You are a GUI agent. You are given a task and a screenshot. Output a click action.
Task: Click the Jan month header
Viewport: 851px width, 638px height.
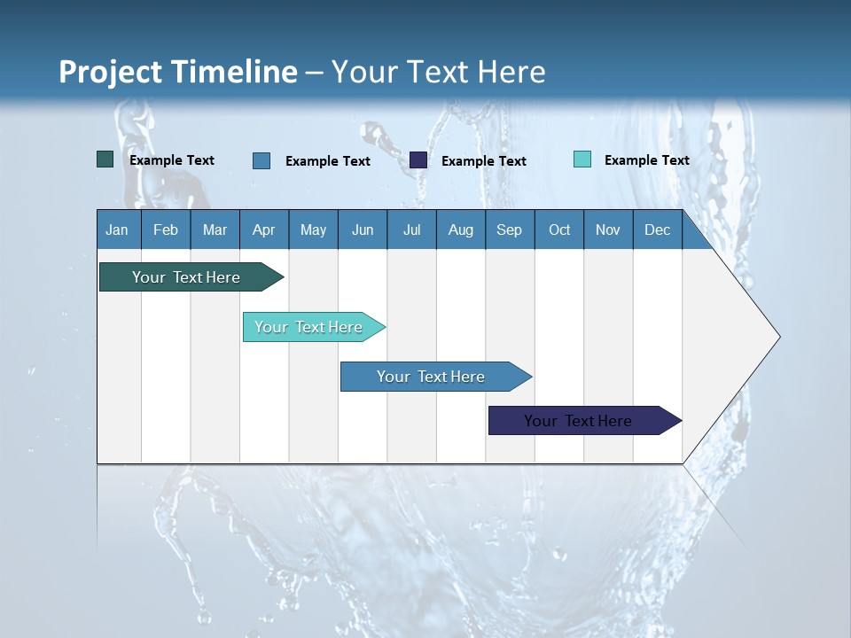(118, 230)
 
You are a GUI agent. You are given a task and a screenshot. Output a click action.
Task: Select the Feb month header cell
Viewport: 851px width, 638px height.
(166, 230)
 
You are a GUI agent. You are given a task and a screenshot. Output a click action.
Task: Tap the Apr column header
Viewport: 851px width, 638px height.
(264, 230)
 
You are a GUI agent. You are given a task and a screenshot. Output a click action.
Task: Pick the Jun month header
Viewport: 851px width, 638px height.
(363, 230)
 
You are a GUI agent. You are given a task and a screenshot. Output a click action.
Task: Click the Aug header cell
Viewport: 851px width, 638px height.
(461, 230)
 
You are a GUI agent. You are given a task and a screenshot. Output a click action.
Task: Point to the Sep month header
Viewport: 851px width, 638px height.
(510, 230)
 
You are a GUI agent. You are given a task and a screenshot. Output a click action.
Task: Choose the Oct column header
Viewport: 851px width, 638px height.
(559, 230)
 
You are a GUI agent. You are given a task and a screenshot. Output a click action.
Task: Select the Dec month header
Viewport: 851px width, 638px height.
(658, 230)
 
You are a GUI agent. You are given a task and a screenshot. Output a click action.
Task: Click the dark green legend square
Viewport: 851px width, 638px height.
(105, 159)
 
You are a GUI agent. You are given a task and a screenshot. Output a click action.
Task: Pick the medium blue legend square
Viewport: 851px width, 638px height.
(262, 160)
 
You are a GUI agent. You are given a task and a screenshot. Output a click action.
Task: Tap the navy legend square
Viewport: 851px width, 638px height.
(418, 160)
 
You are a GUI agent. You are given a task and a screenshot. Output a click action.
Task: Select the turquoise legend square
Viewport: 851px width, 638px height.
(582, 159)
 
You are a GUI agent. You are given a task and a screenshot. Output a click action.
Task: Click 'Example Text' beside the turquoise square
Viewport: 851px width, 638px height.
(646, 160)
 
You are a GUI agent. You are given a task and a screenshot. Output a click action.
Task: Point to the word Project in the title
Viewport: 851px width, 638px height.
(108, 72)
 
